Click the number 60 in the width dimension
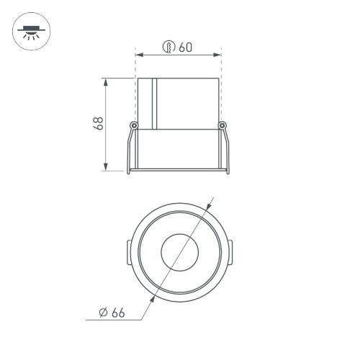(186, 48)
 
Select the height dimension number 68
(100, 123)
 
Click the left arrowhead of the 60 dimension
(139, 54)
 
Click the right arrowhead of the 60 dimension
(217, 54)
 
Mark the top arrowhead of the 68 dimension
(107, 80)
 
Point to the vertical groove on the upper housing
(154, 103)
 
